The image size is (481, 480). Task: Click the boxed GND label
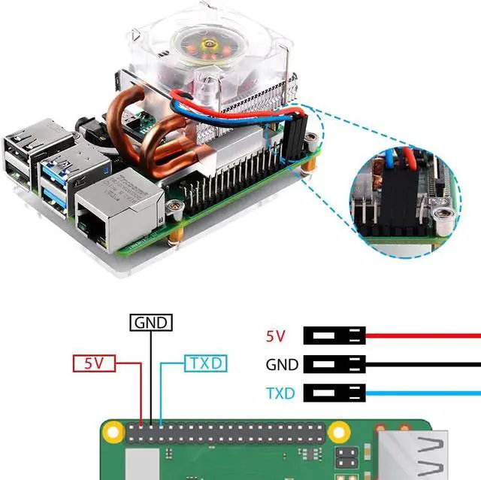point(151,323)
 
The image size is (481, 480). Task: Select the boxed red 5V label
point(94,363)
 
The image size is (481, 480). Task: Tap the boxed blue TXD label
point(206,363)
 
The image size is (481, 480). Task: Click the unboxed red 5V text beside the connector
point(276,336)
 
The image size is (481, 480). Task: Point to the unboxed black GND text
point(282,365)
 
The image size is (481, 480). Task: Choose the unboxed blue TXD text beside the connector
point(280,393)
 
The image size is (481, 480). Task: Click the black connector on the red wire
point(334,336)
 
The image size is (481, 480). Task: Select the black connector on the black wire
point(334,364)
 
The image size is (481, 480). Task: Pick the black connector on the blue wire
point(334,393)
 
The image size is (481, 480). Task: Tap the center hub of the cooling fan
point(210,44)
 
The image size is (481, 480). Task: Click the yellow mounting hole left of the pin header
point(113,433)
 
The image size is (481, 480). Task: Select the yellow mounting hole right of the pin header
point(339,433)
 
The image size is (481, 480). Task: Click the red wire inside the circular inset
point(408,159)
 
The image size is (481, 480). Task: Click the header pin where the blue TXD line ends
point(161,427)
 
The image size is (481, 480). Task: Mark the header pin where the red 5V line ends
point(141,427)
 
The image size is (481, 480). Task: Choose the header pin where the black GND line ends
point(151,427)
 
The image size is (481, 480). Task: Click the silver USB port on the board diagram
point(413,455)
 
